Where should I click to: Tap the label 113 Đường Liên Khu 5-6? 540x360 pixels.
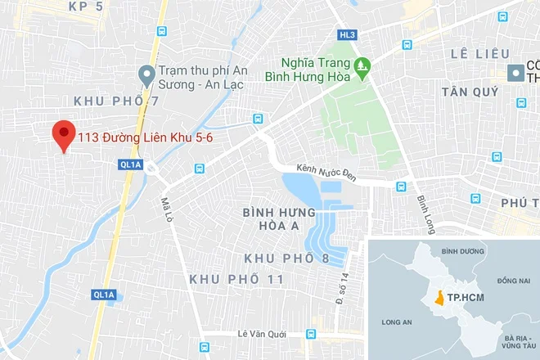click(x=145, y=139)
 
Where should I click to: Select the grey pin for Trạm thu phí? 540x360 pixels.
click(x=146, y=75)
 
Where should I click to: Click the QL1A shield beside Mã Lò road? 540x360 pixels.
click(x=129, y=164)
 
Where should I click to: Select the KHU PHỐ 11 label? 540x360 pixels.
click(x=236, y=279)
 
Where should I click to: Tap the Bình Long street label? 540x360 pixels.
click(x=425, y=212)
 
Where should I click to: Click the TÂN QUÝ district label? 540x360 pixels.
click(x=470, y=92)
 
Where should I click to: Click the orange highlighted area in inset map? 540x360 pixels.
click(x=441, y=299)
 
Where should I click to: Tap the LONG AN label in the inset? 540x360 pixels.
click(x=396, y=321)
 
